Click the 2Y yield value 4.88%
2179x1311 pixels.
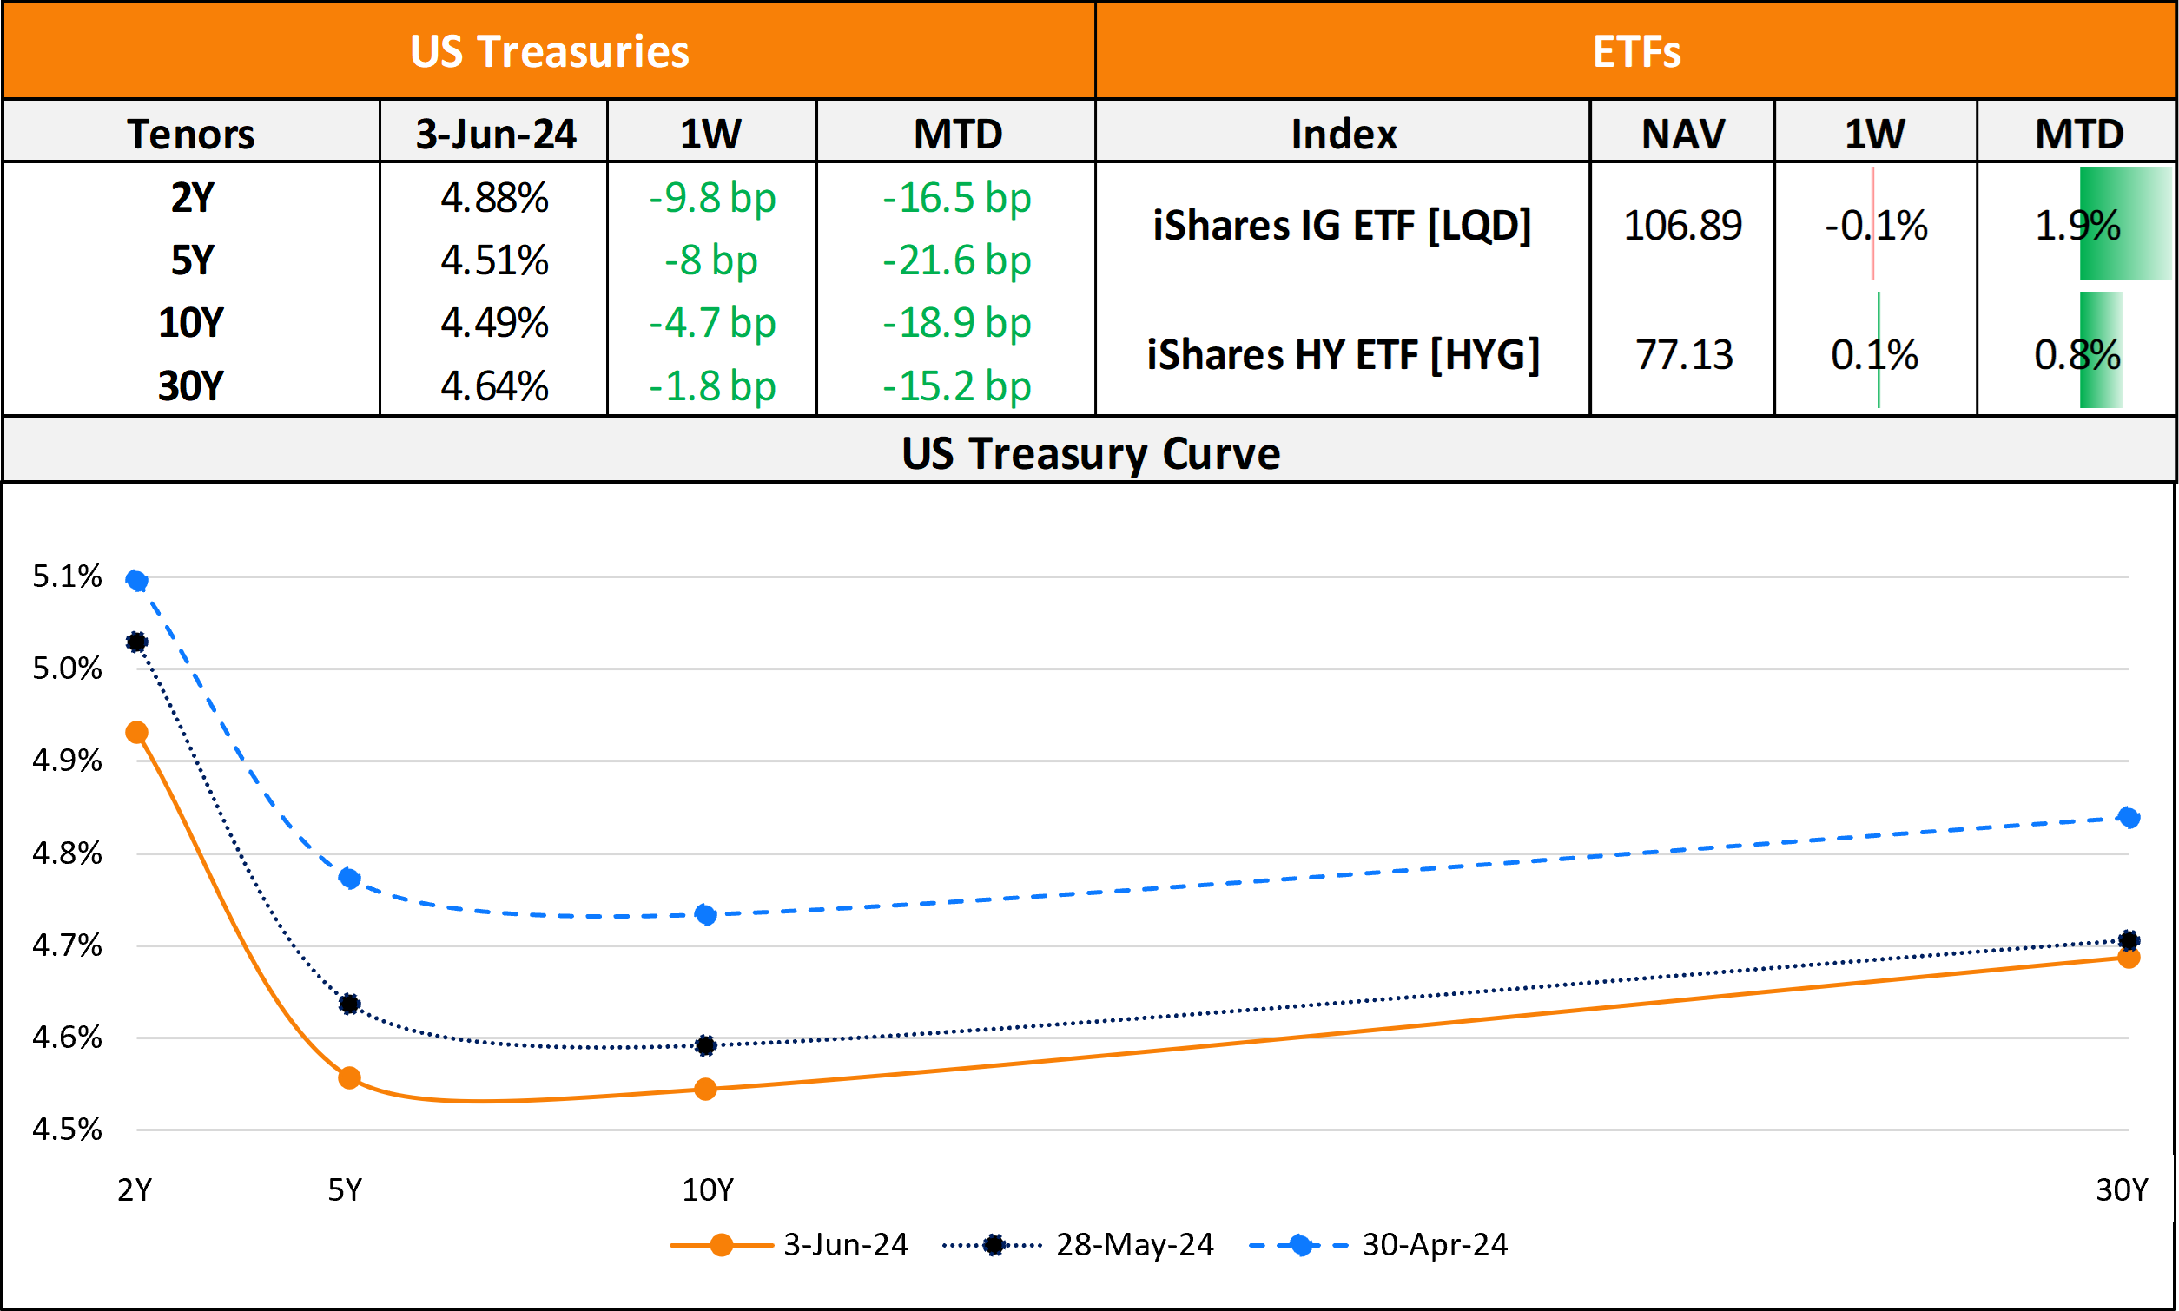click(494, 198)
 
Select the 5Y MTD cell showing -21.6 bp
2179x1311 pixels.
click(956, 260)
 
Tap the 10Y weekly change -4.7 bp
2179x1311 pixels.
click(711, 323)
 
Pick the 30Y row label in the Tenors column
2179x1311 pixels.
click(191, 386)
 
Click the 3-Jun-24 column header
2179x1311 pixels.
click(495, 135)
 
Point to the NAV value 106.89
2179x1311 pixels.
click(1681, 225)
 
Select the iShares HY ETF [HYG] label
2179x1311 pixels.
click(1342, 355)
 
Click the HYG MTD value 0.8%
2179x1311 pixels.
click(2077, 355)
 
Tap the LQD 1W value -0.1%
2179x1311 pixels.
click(1875, 225)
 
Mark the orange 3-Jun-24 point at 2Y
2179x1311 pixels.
click(137, 733)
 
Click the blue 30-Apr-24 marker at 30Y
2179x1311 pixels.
click(2129, 818)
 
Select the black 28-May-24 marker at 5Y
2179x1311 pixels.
click(349, 1005)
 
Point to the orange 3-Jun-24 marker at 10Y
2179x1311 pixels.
click(705, 1090)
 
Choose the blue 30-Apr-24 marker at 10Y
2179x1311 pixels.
click(705, 914)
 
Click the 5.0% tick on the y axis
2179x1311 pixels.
click(67, 669)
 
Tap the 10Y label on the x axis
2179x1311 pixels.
click(707, 1191)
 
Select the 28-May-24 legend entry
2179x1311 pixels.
click(1133, 1245)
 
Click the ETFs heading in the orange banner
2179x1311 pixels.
click(1635, 51)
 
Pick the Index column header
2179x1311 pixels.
click(1344, 135)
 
